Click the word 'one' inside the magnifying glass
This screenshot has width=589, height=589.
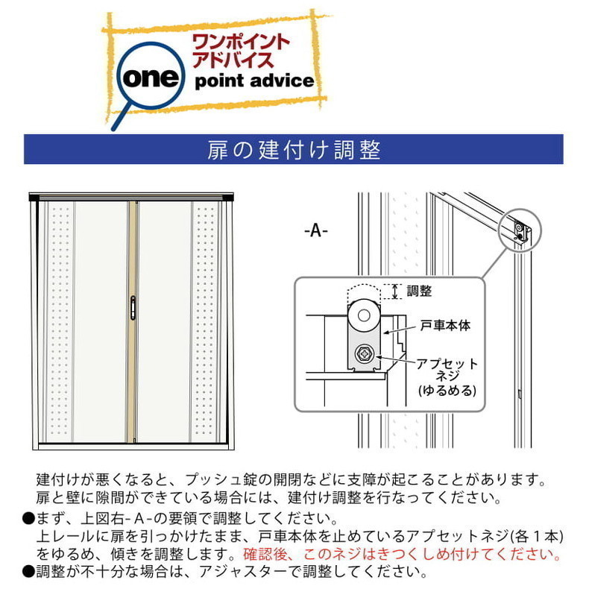click(x=151, y=78)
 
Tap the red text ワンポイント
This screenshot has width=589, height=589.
click(x=240, y=42)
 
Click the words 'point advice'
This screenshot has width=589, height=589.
click(x=254, y=81)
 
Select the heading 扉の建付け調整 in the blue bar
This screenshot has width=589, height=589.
click(x=294, y=150)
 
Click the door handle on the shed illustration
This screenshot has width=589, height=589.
click(x=133, y=308)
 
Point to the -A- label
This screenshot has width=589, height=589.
click(x=316, y=230)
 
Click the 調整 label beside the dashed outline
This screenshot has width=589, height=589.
click(x=419, y=291)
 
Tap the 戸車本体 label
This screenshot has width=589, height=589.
click(x=445, y=325)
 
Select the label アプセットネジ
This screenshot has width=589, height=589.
click(x=447, y=370)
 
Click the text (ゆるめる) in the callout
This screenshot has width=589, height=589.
click(x=447, y=390)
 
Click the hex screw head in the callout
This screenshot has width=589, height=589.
click(x=364, y=354)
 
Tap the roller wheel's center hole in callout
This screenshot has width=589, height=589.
click(x=364, y=315)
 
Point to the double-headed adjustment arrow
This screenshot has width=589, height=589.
click(x=395, y=292)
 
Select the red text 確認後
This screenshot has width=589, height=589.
click(x=265, y=554)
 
